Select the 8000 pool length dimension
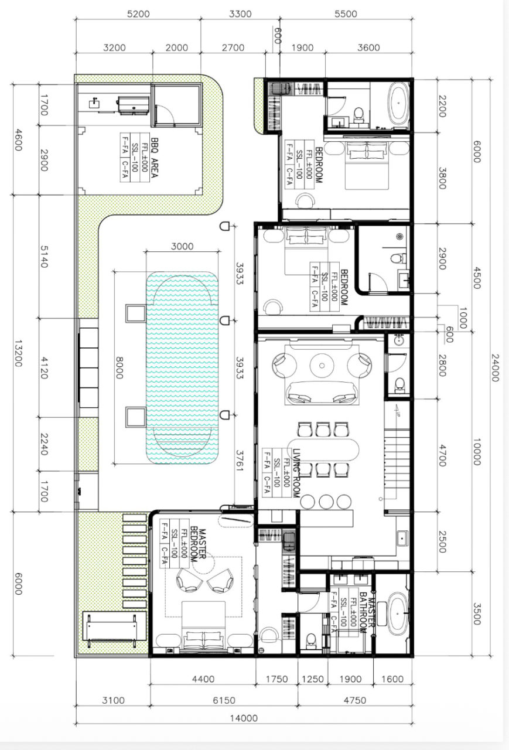point(119,368)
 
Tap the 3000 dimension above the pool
point(182,246)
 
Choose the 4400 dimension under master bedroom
point(203,679)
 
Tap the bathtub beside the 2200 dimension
point(398,104)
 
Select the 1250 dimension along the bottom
point(312,679)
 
